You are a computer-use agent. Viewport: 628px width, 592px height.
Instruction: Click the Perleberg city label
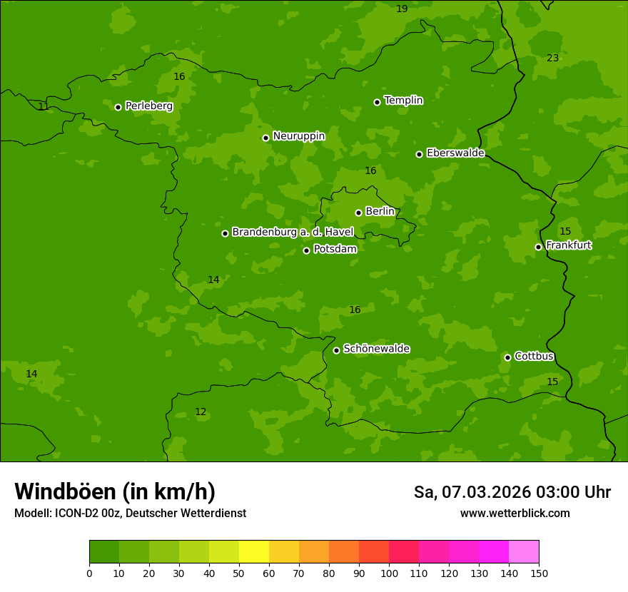[x=148, y=106]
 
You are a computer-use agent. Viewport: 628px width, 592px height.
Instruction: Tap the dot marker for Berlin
[x=358, y=213]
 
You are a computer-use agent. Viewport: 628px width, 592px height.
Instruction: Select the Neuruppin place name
[x=298, y=136]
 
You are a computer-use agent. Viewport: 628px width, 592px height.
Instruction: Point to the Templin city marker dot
[x=377, y=102]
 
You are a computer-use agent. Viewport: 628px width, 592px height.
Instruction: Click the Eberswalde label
[x=455, y=153]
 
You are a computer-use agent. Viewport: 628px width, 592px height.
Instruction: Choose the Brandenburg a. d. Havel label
[x=293, y=233]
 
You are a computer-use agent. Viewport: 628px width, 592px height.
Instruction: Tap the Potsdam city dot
[x=306, y=250]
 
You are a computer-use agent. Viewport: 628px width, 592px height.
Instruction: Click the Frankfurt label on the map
[x=568, y=245]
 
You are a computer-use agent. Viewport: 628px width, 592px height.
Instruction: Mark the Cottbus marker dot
[x=507, y=357]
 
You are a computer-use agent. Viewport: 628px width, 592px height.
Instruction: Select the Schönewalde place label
[x=376, y=349]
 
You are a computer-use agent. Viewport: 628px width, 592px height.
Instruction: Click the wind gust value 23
[x=552, y=58]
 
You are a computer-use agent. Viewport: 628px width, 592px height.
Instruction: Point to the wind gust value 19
[x=402, y=9]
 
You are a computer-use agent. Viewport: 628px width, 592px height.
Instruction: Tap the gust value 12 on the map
[x=201, y=412]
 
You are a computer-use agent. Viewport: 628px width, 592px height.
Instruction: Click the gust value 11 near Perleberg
[x=44, y=107]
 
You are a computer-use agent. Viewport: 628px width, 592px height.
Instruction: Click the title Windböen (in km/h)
[x=115, y=491]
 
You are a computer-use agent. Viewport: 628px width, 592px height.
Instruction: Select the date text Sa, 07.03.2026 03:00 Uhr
[x=512, y=492]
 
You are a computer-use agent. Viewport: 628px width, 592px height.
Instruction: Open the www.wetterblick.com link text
[x=515, y=513]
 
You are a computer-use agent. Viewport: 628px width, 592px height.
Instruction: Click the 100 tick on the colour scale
[x=389, y=573]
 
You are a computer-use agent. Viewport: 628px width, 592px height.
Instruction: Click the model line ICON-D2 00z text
[x=130, y=513]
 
